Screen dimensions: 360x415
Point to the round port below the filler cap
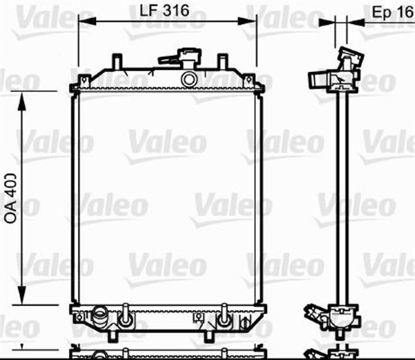click(189, 79)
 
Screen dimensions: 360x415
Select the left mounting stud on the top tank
click(117, 61)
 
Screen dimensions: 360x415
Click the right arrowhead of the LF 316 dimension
click(254, 21)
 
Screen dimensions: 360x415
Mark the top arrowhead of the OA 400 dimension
click(23, 97)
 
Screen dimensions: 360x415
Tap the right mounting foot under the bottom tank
click(209, 335)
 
